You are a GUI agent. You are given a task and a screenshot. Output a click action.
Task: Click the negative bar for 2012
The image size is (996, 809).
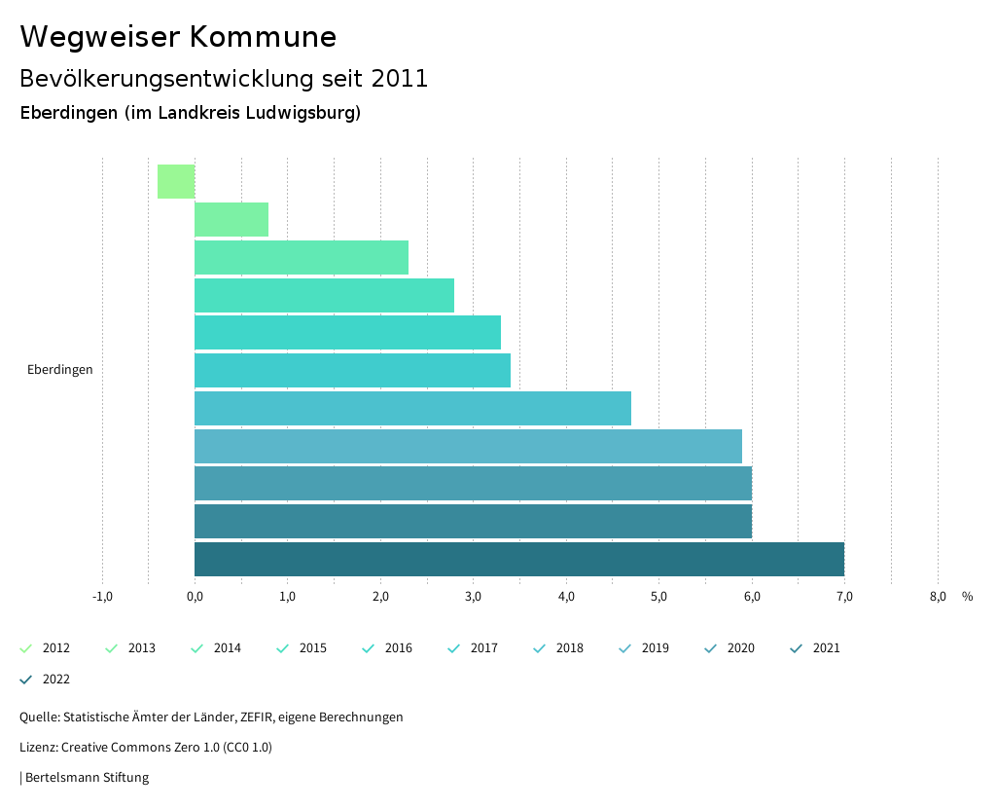(x=176, y=182)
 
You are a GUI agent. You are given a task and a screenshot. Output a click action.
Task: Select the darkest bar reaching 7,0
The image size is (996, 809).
(x=518, y=559)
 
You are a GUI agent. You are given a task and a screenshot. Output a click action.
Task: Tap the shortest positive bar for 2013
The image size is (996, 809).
(x=231, y=220)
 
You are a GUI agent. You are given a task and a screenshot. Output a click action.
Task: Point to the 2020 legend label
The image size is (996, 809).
(x=740, y=648)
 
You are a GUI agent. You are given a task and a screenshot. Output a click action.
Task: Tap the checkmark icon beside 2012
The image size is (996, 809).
(x=26, y=648)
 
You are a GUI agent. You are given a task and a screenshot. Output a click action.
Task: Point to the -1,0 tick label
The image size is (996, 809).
(x=102, y=597)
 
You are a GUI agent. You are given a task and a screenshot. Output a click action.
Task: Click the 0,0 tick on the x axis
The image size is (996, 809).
(x=195, y=597)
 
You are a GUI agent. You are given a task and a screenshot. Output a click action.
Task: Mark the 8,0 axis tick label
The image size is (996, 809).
(x=938, y=597)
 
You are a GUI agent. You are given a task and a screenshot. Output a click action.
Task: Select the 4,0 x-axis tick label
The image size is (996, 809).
(x=566, y=597)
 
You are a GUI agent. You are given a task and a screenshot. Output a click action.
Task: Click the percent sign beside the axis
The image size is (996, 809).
(x=967, y=597)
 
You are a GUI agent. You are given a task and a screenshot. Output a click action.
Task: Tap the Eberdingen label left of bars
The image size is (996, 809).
(x=60, y=370)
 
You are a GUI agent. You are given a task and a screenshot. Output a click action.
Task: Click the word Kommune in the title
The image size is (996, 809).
(x=263, y=37)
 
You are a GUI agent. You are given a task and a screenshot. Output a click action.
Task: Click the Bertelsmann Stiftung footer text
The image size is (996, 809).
(x=87, y=778)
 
